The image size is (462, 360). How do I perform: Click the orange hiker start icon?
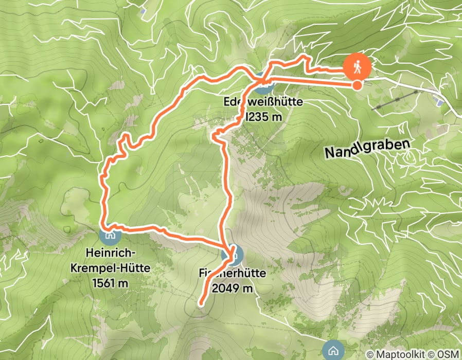358,66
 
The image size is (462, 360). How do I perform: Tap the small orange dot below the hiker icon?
357,85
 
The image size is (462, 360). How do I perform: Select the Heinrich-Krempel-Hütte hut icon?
109,236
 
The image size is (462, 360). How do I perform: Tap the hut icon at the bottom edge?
332,351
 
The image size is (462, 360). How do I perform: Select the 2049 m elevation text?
231,289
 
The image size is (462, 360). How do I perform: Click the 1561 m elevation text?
111,282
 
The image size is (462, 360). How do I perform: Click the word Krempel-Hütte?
111,267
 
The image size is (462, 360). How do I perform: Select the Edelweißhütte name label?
263,102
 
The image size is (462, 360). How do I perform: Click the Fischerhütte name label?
231,274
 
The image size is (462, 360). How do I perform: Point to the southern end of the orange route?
201,303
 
